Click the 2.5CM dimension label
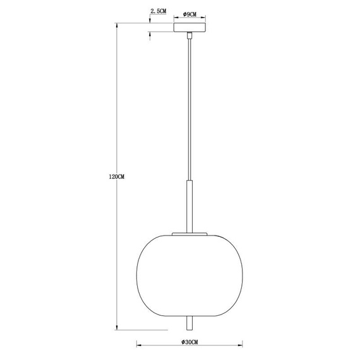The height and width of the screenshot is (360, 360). (x=158, y=11)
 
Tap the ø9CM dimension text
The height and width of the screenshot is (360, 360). (x=189, y=13)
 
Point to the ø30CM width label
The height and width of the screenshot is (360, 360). (x=189, y=342)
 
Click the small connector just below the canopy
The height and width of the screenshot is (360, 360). (x=189, y=37)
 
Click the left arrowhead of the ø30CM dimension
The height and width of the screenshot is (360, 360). (x=139, y=346)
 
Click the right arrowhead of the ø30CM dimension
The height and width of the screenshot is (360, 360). (x=239, y=346)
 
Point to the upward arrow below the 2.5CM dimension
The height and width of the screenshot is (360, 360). (x=150, y=35)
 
